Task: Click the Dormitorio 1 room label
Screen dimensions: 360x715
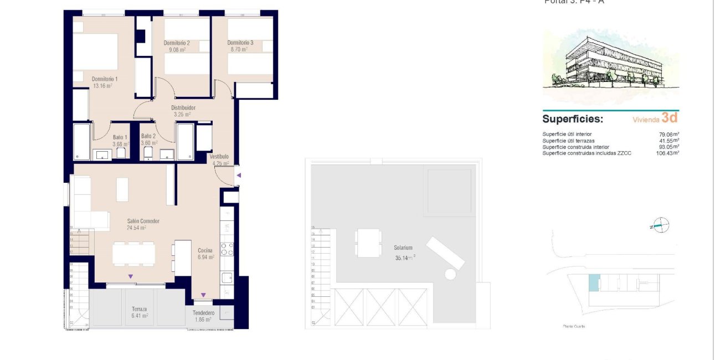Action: (105, 79)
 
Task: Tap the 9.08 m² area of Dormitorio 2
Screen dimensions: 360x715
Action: (177, 50)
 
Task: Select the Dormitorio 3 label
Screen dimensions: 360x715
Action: (240, 43)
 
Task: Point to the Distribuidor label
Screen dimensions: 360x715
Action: (183, 108)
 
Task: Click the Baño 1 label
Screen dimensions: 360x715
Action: (120, 137)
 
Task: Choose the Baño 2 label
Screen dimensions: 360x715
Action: (148, 136)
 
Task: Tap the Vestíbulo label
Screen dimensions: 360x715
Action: (219, 157)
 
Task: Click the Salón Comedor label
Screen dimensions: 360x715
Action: (136, 221)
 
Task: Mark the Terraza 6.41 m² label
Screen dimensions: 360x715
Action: (140, 312)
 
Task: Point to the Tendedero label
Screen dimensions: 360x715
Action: (203, 313)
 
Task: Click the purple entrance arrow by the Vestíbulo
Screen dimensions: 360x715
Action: (239, 176)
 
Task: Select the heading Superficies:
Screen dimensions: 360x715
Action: (573, 119)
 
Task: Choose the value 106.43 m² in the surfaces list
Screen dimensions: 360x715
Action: (667, 153)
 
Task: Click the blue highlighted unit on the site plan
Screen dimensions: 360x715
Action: (593, 283)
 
